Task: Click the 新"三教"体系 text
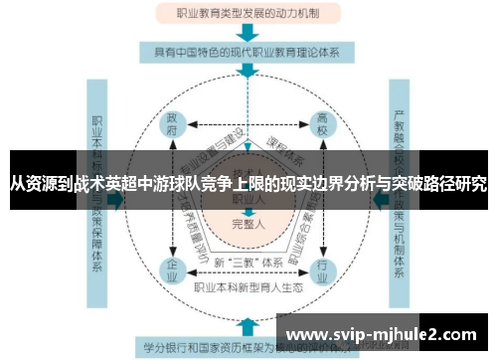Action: (247, 263)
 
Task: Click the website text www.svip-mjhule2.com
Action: (388, 332)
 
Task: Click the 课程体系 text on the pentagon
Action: (282, 140)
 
